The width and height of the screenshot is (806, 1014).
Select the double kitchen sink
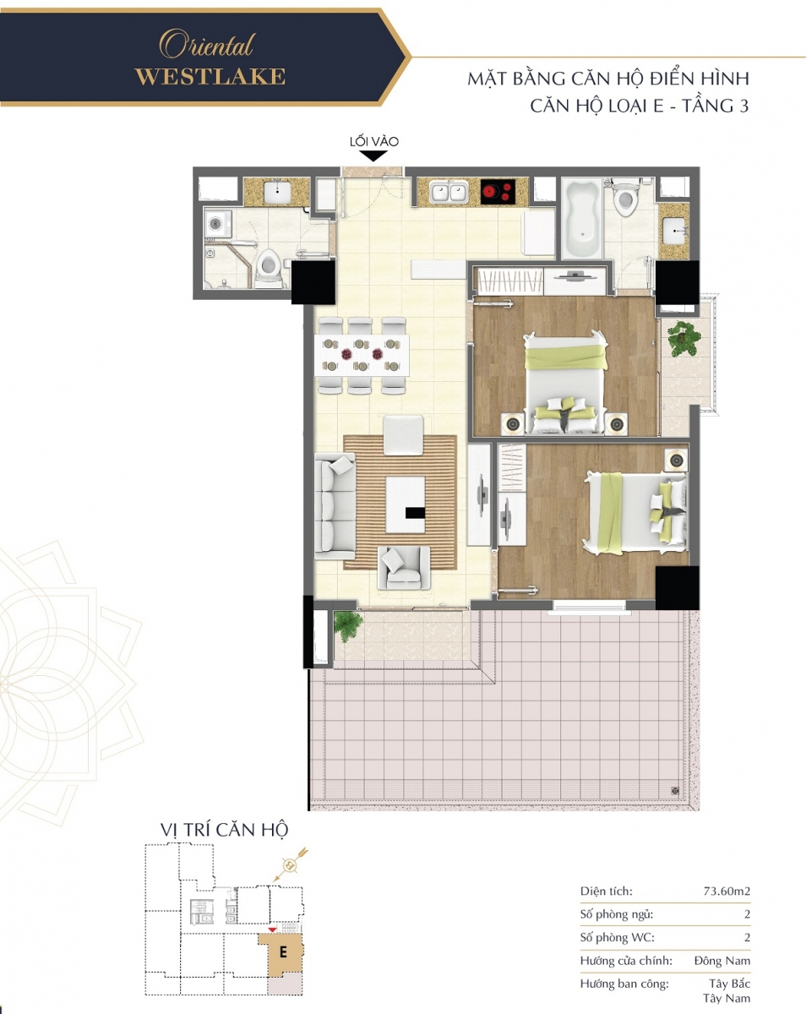[x=449, y=193]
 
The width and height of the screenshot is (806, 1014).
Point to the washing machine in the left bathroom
[x=219, y=223]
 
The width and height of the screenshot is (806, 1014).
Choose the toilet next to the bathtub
[x=625, y=199]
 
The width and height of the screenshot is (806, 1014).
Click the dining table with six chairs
[x=362, y=355]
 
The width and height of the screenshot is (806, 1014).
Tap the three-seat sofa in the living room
[x=335, y=506]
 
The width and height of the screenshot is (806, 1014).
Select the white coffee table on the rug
[x=406, y=504]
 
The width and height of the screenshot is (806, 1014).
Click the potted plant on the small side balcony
[x=683, y=338]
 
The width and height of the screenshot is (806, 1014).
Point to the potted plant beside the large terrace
[x=347, y=625]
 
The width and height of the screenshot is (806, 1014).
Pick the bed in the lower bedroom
[x=634, y=513]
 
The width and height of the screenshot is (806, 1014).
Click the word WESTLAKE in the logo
[x=210, y=77]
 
